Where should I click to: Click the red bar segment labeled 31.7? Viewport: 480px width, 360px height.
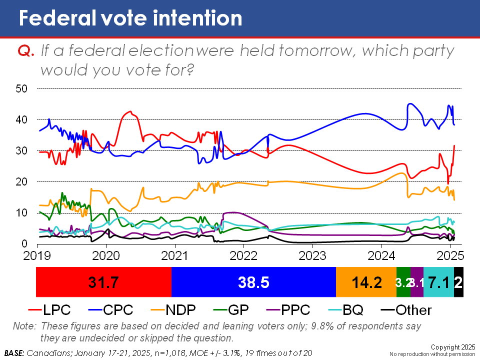coord(104,282)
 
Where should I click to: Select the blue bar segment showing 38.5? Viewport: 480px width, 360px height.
coord(253,282)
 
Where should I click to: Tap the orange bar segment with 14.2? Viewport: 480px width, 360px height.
coord(366,282)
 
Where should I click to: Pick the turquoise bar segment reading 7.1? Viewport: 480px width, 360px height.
coord(438,282)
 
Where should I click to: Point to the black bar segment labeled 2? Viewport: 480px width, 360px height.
coord(458,282)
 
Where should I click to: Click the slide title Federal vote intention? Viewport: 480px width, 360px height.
coord(130,18)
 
